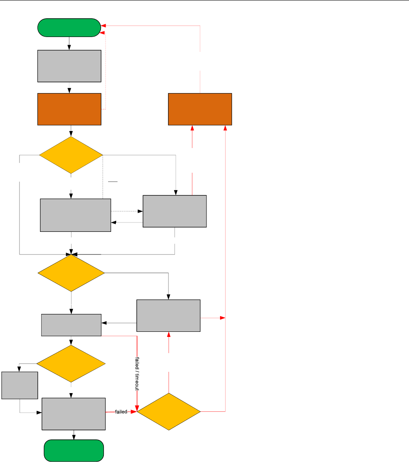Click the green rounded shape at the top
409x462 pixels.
point(69,28)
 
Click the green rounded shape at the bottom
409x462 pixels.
point(74,451)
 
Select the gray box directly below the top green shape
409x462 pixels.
point(69,66)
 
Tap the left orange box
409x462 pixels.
point(69,109)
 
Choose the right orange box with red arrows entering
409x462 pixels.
point(200,109)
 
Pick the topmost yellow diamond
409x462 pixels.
point(71,155)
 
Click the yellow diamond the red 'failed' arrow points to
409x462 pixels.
point(169,412)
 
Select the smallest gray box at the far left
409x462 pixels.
point(20,385)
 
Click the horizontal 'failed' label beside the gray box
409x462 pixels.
point(121,412)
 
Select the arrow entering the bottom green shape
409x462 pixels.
point(74,435)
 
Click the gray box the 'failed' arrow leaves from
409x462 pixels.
point(74,414)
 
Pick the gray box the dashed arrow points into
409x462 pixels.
point(174,211)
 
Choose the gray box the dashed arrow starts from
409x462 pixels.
point(75,215)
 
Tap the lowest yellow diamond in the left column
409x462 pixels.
point(71,363)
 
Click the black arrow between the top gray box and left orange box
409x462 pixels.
point(69,88)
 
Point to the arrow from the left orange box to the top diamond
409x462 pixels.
point(71,131)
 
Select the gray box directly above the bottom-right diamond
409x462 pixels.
point(168,316)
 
